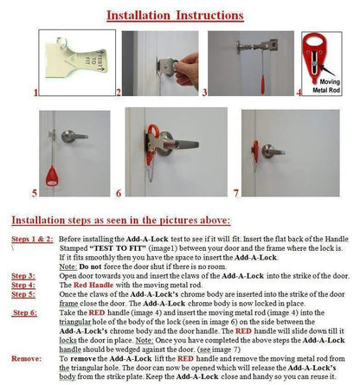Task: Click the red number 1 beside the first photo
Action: (x=35, y=91)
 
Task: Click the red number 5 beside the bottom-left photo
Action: (x=35, y=191)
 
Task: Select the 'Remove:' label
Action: (x=25, y=358)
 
